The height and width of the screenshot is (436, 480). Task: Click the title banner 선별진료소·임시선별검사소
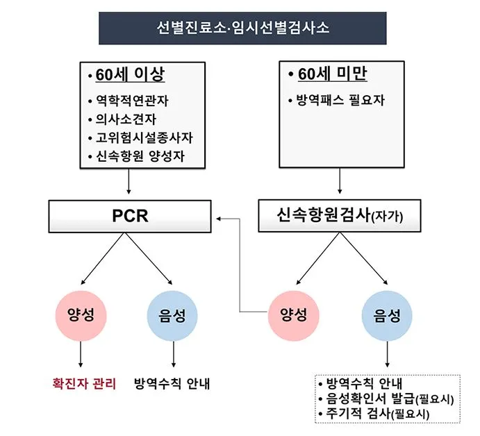(242, 28)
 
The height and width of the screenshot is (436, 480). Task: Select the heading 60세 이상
(131, 75)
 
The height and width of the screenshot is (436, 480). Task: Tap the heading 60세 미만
(331, 74)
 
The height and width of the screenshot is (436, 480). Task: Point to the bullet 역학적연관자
(132, 101)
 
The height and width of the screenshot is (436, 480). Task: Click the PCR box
(130, 217)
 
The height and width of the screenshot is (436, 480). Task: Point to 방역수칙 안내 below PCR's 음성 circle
(173, 383)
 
